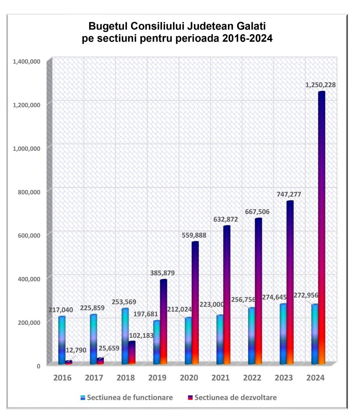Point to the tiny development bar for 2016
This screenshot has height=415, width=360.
69,362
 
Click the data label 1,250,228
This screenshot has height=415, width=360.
321,85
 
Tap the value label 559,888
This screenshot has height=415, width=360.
194,235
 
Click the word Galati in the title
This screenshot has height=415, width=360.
251,26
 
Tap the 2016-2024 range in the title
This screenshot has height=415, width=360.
245,38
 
